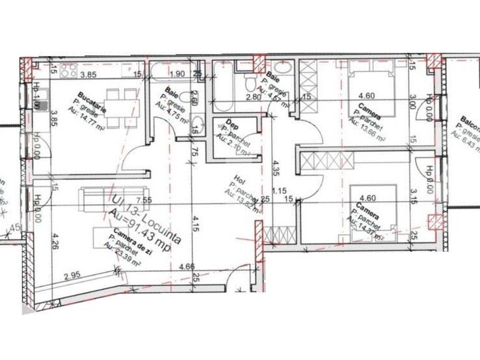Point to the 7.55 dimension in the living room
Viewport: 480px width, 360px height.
click(x=144, y=201)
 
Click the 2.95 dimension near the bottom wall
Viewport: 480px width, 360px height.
click(x=72, y=275)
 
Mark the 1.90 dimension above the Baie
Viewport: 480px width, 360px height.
click(x=176, y=74)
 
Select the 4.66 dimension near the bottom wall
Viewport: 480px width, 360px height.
click(x=185, y=267)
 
